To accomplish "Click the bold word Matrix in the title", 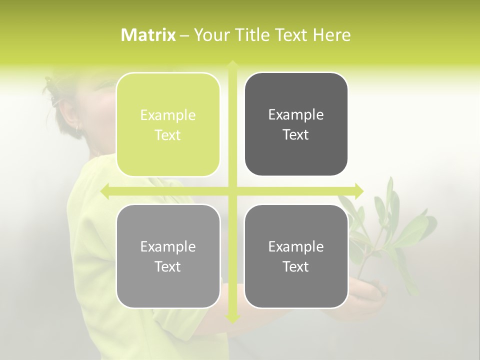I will coord(148,35).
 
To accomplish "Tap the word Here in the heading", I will coord(331,35).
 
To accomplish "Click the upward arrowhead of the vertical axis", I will coord(232,64).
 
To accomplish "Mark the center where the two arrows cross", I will coord(232,191).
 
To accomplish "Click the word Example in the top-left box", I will coord(168,115).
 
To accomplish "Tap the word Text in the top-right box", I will coord(296,134).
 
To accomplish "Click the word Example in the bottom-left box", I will coord(168,247).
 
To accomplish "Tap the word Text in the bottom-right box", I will coord(296,266).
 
